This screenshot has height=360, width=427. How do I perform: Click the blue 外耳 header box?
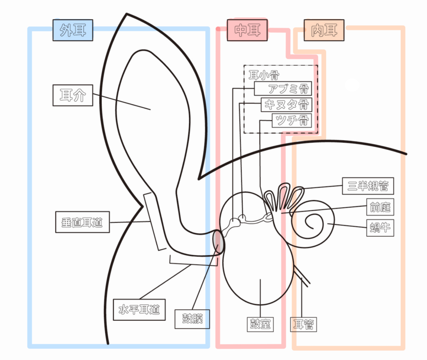[x=73, y=30]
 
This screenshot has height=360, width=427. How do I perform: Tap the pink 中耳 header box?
[x=248, y=30]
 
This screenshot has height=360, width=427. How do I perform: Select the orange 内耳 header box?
[x=324, y=30]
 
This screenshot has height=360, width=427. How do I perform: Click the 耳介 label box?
[x=73, y=96]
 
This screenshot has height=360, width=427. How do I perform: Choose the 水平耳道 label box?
[x=139, y=310]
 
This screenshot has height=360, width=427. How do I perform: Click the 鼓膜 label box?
[x=192, y=319]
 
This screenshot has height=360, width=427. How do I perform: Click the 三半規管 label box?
[x=367, y=186]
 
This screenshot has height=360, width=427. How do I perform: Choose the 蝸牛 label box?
[x=380, y=228]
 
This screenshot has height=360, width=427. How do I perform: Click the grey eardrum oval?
[x=218, y=242]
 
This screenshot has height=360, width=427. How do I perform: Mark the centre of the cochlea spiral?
[x=311, y=222]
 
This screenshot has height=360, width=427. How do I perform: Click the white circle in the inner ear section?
[x=352, y=85]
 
